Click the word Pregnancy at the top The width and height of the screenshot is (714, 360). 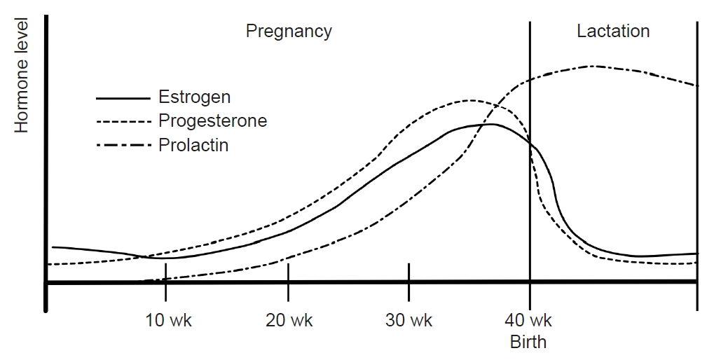[x=288, y=32]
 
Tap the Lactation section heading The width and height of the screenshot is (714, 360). [x=613, y=32]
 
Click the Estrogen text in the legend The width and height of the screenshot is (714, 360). [x=194, y=97]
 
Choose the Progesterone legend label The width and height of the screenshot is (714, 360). [x=212, y=120]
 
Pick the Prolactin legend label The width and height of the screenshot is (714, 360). [x=193, y=146]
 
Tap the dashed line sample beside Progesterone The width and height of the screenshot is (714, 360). [x=123, y=122]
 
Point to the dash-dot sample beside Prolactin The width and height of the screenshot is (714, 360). [x=123, y=146]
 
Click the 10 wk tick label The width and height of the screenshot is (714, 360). [x=168, y=321]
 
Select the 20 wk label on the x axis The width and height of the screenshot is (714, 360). [x=289, y=321]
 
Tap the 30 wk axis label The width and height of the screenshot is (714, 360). [x=409, y=321]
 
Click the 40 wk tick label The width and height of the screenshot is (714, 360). [x=529, y=321]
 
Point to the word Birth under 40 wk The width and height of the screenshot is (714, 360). [x=528, y=342]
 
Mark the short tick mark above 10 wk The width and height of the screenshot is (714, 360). [x=165, y=272]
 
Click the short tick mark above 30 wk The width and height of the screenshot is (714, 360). [x=409, y=272]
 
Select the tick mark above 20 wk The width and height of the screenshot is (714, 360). [x=288, y=272]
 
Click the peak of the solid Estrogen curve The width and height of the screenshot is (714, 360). [x=490, y=124]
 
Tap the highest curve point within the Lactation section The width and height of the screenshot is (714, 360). [x=592, y=66]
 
